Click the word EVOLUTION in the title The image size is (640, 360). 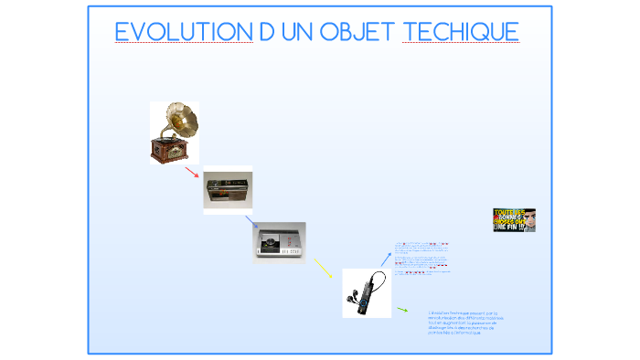(x=184, y=33)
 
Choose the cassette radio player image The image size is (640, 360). (x=227, y=191)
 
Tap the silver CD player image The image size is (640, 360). (x=279, y=242)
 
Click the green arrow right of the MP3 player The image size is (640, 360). (x=402, y=310)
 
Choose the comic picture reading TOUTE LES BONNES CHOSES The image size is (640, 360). (x=514, y=220)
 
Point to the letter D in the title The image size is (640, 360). (x=266, y=33)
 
